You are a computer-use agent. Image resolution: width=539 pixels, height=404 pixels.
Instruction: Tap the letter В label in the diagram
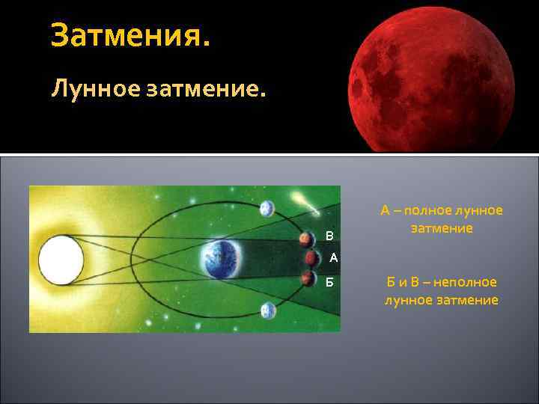(329, 236)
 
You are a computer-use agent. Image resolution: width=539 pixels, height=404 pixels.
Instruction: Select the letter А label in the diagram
(333, 258)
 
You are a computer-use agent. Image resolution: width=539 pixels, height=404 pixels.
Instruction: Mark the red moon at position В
(306, 239)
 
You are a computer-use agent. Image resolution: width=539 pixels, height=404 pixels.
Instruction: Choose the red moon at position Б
(307, 279)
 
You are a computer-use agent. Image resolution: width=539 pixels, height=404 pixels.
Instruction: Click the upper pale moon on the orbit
(267, 208)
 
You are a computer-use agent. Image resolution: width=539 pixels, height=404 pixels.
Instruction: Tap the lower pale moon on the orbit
(268, 310)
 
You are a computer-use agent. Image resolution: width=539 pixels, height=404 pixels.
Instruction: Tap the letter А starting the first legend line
(385, 211)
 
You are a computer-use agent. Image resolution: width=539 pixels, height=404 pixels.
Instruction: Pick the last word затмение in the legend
(468, 300)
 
